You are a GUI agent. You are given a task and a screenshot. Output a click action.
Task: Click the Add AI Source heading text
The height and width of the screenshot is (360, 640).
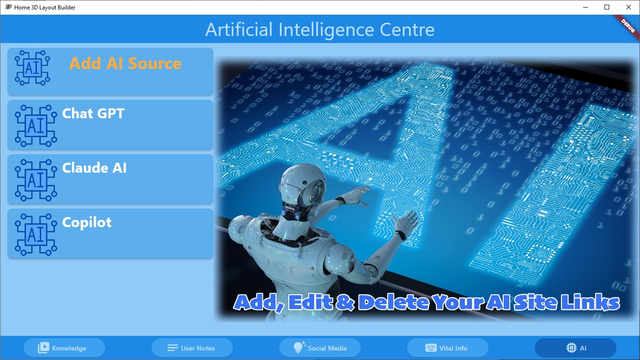125,63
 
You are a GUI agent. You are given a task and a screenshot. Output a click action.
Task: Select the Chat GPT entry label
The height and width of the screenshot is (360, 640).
93,114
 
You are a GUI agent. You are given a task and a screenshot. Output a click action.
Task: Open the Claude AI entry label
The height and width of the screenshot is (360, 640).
94,168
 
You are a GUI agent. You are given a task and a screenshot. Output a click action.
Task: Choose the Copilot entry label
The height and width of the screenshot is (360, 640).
87,222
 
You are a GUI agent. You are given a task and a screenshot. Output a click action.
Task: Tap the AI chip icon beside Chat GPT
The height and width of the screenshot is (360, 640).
36,126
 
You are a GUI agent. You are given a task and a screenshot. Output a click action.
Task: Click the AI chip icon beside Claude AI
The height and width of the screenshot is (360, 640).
36,180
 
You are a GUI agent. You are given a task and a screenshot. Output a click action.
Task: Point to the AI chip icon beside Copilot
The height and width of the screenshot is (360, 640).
36,235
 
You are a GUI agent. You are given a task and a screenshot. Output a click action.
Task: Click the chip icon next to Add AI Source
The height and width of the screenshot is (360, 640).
32,68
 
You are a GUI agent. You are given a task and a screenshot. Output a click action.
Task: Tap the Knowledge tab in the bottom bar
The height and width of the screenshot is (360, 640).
64,348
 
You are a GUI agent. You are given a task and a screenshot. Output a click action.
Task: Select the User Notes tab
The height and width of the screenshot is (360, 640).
192,348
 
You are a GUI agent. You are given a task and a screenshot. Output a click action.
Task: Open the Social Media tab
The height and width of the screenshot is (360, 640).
320,348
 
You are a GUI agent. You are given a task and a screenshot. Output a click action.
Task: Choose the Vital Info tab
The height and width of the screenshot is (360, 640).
448,348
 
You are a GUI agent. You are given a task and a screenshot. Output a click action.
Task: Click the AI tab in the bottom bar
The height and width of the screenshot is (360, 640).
576,348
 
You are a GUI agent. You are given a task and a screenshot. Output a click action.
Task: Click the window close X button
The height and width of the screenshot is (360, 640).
629,7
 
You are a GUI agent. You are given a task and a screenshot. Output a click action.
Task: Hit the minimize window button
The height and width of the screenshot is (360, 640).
585,7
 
